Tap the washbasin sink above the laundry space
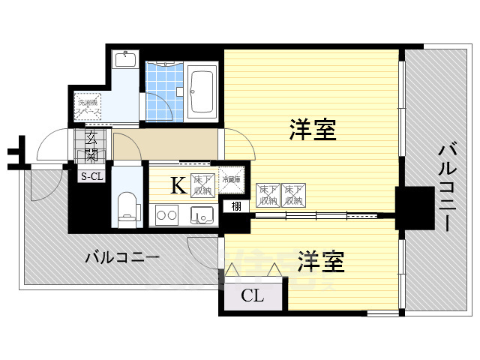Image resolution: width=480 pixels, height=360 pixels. point(126,61)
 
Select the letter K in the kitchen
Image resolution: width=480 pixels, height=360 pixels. point(178,185)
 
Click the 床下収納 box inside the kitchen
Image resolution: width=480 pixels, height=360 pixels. point(202,184)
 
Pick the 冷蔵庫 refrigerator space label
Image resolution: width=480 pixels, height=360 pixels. point(231,179)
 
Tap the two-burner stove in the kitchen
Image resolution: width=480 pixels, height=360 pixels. point(166,217)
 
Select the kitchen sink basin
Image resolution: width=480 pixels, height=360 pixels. point(200,216)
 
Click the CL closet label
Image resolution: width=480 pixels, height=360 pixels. point(252,295)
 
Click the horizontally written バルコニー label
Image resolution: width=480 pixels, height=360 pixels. point(121,257)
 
